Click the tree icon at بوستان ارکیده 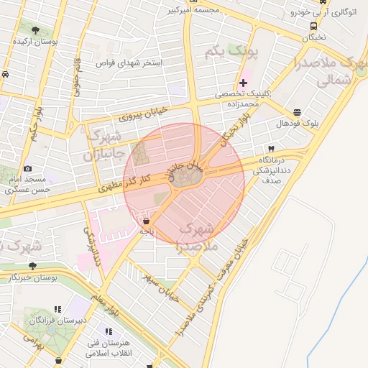[x=35, y=30]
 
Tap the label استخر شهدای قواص [x=130, y=63]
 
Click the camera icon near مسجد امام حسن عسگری [x=27, y=168]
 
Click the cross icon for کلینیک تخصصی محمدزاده [x=243, y=83]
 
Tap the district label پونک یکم [x=221, y=52]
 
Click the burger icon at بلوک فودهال [x=297, y=113]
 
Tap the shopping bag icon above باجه [x=147, y=221]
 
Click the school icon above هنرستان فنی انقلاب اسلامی [x=109, y=331]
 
